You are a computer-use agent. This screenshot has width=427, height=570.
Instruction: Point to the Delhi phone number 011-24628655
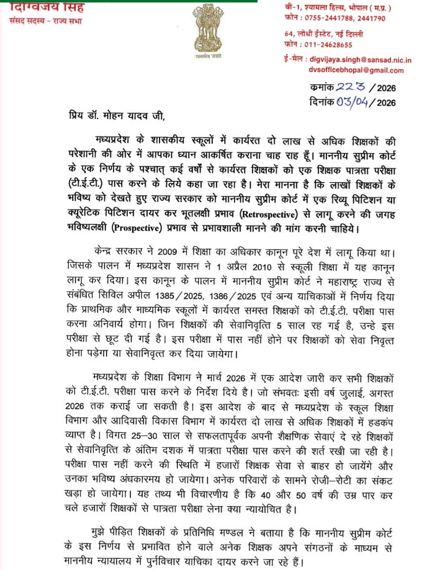[x=330, y=45]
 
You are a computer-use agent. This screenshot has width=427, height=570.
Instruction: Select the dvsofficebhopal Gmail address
[x=361, y=71]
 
